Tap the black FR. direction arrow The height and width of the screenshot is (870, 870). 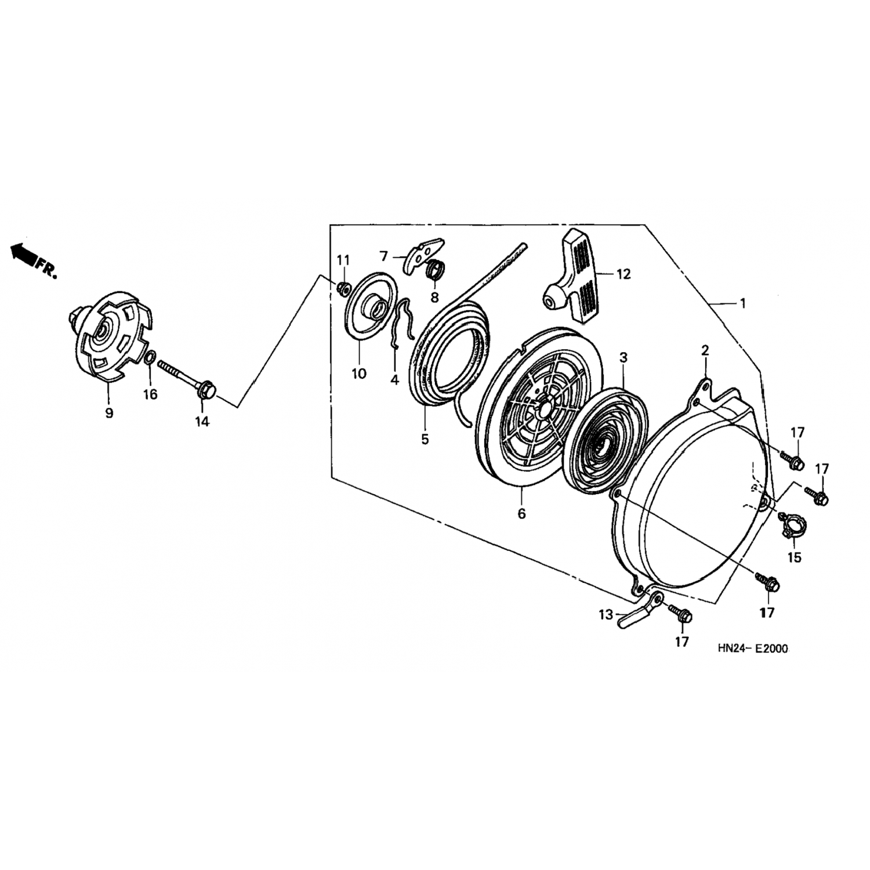pyautogui.click(x=23, y=253)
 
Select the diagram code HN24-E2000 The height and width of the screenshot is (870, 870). pyautogui.click(x=752, y=649)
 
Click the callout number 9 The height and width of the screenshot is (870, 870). pyautogui.click(x=109, y=413)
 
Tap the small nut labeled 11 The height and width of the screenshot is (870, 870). pyautogui.click(x=343, y=287)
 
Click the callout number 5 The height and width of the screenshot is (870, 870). pyautogui.click(x=425, y=439)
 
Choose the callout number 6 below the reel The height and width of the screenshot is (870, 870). pyautogui.click(x=521, y=513)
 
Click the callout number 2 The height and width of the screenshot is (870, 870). pyautogui.click(x=705, y=350)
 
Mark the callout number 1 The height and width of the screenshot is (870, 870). pyautogui.click(x=743, y=303)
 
